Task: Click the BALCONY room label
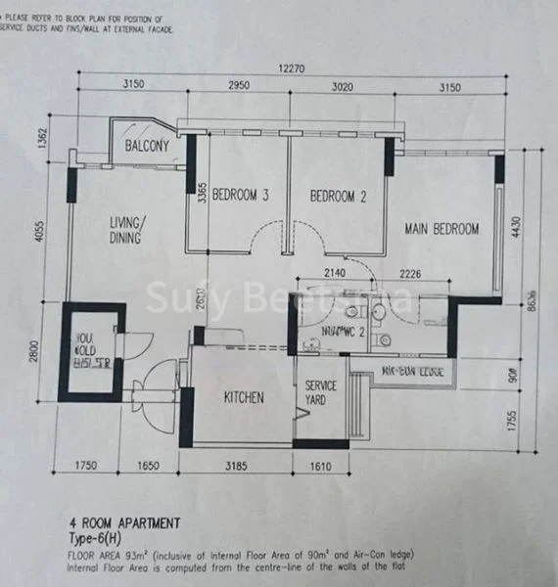(148, 147)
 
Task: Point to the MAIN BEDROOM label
(442, 229)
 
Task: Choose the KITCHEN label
(243, 397)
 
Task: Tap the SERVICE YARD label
(321, 392)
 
